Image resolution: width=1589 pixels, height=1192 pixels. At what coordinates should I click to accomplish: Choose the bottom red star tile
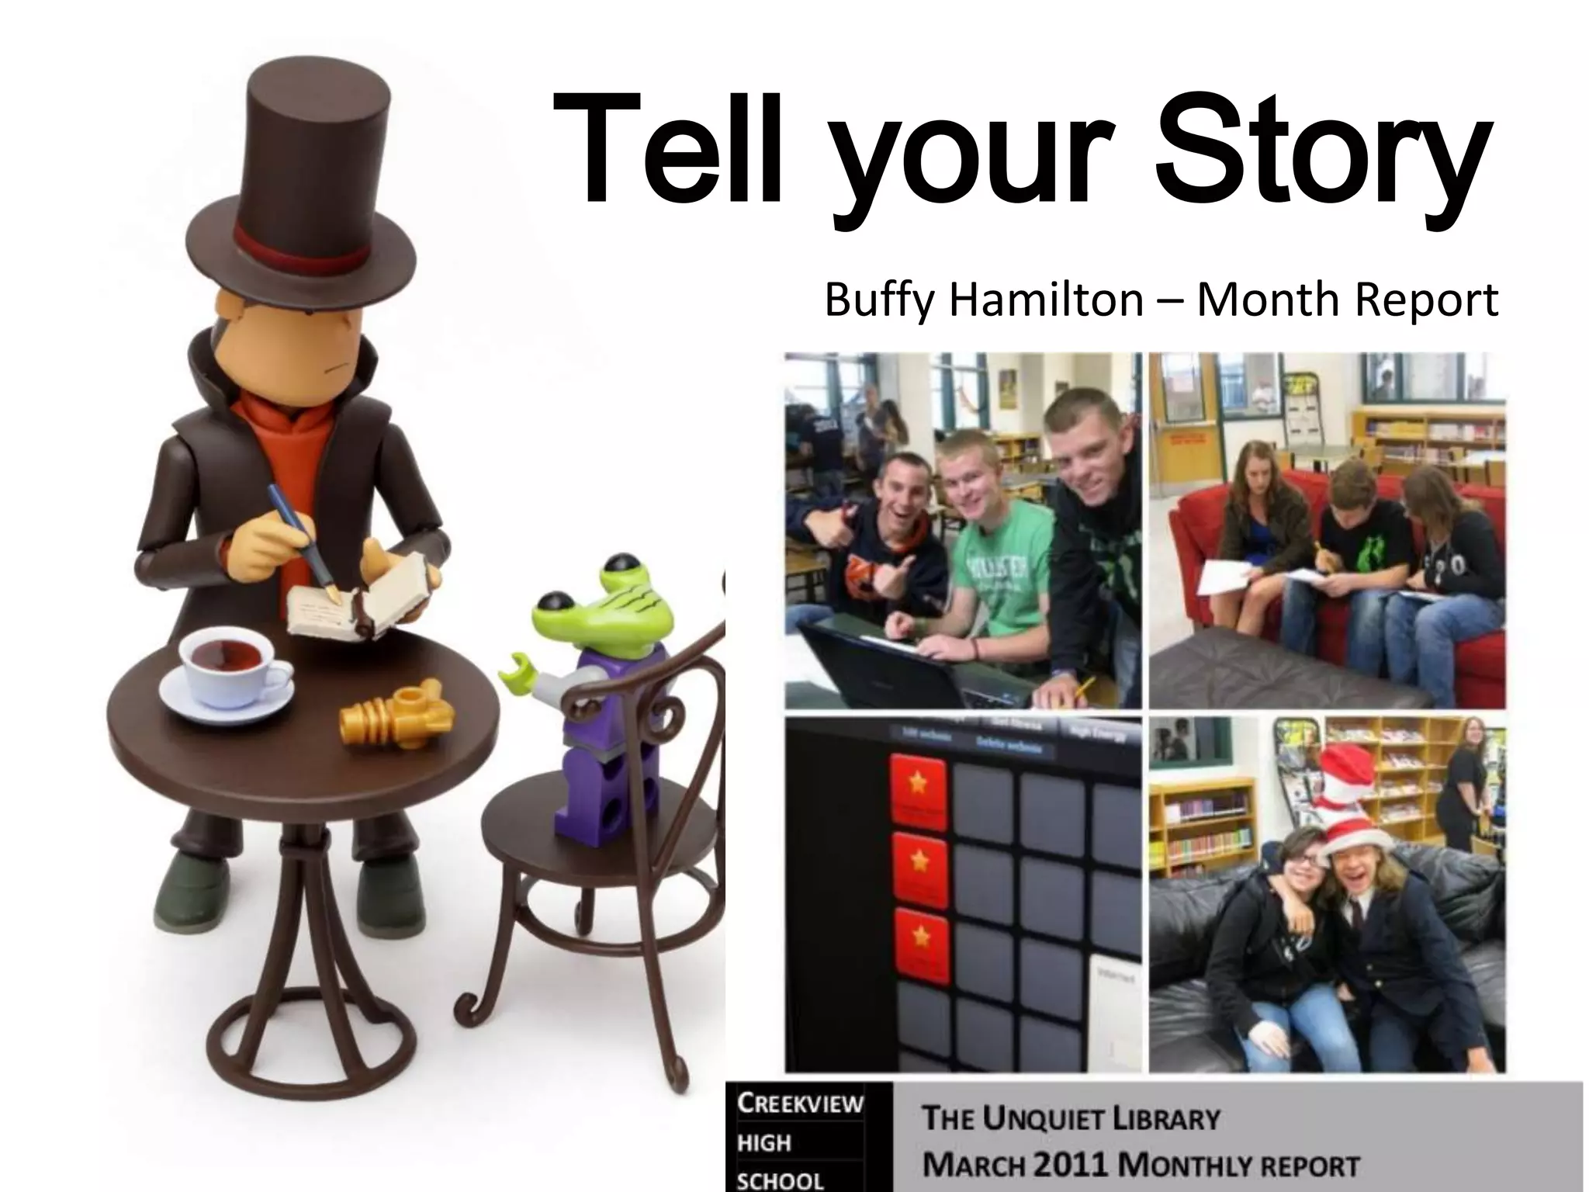[918, 941]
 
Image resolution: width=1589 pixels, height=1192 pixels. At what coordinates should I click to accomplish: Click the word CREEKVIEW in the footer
[799, 1104]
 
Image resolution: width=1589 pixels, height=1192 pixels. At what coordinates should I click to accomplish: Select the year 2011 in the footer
[1071, 1166]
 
